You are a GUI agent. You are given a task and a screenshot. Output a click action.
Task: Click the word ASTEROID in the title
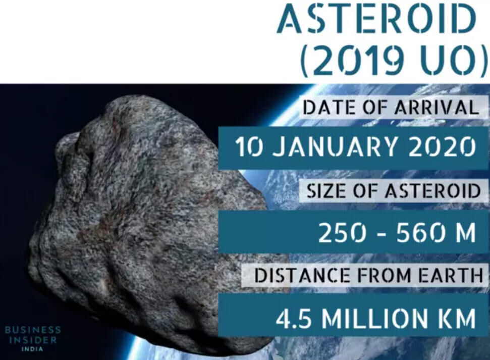tap(376, 19)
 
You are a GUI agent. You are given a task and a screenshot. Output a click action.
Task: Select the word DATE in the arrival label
tap(330, 107)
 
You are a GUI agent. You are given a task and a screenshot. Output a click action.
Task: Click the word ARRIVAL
tap(437, 107)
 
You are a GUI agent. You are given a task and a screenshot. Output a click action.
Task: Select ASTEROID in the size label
tap(432, 190)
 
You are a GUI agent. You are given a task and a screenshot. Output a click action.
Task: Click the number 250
tap(342, 233)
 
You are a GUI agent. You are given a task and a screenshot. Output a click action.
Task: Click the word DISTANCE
tap(302, 276)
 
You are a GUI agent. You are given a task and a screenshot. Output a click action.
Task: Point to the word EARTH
tap(451, 276)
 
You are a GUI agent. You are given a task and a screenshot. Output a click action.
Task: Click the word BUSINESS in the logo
tap(33, 330)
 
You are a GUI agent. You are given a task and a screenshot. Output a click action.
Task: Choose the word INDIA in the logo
tap(32, 349)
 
